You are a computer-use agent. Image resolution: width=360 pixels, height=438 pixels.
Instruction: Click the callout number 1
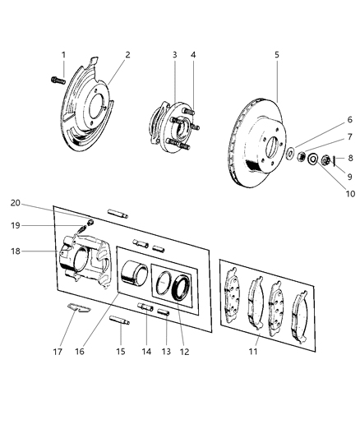(x=63, y=55)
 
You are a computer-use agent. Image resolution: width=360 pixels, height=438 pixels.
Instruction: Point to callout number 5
(x=277, y=55)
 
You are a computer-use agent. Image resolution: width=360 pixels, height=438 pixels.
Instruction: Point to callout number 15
(x=122, y=351)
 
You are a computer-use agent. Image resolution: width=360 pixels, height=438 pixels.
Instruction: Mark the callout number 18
(x=37, y=251)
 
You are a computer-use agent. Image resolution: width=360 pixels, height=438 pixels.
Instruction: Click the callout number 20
(x=38, y=202)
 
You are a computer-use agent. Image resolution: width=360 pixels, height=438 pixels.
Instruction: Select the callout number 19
(x=38, y=224)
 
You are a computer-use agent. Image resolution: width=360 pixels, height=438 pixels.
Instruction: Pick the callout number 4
(x=193, y=55)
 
